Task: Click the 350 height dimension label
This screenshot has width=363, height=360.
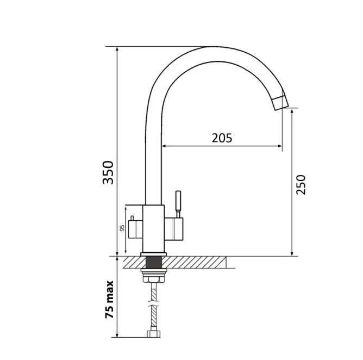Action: tap(108, 172)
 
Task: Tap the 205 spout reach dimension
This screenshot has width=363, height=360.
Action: tap(222, 138)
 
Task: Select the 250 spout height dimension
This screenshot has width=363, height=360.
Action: tap(301, 185)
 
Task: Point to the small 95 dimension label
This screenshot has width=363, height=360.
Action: tap(122, 228)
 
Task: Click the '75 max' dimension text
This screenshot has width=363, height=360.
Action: tap(110, 300)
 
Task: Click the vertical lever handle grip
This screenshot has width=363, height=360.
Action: tap(178, 200)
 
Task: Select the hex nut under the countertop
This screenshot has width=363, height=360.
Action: tap(153, 276)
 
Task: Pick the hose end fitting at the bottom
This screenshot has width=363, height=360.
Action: tap(153, 333)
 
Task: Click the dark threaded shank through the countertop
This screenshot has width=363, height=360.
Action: tap(153, 262)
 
